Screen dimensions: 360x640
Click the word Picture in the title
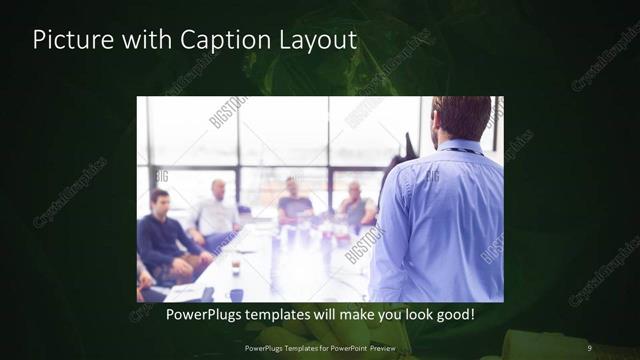pyautogui.click(x=68, y=40)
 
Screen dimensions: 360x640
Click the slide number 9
pyautogui.click(x=589, y=347)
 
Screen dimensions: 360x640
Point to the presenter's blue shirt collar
pyautogui.click(x=461, y=148)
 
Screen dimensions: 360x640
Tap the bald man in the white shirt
pyautogui.click(x=217, y=210)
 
